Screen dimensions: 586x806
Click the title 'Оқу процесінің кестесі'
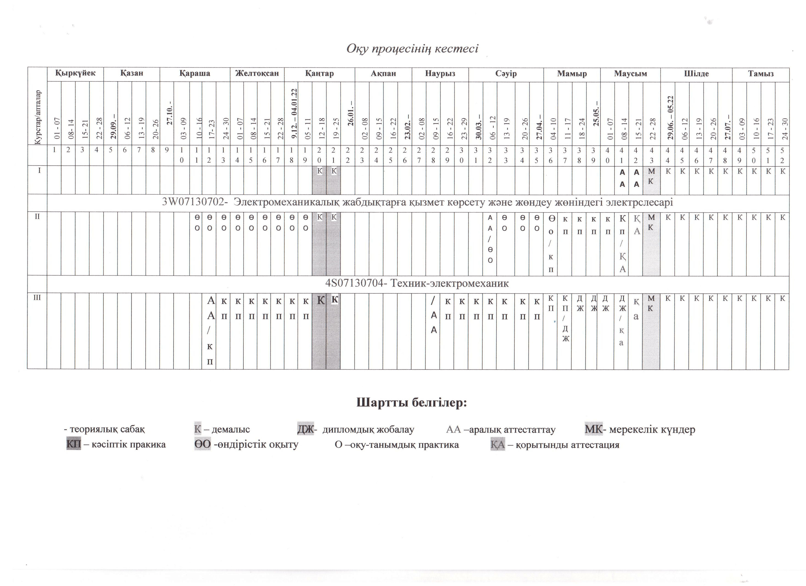[x=412, y=48]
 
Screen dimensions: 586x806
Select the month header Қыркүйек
[x=75, y=73]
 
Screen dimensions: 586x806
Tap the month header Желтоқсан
[x=257, y=73]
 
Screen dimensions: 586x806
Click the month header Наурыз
[x=440, y=73]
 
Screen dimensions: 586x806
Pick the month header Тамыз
[x=761, y=73]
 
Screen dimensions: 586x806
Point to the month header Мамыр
[x=572, y=73]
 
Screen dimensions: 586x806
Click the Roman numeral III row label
[x=37, y=297]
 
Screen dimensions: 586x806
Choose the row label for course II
[x=37, y=216]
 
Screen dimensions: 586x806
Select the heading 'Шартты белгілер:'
[x=411, y=403]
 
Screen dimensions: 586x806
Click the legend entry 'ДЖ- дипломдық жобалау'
[x=355, y=429]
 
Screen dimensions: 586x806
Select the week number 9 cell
[x=167, y=150]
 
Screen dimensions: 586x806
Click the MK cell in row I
[x=651, y=176]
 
